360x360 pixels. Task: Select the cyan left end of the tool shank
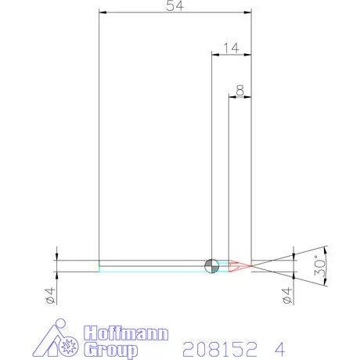click(x=100, y=266)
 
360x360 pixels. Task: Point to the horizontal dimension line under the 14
click(x=232, y=54)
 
